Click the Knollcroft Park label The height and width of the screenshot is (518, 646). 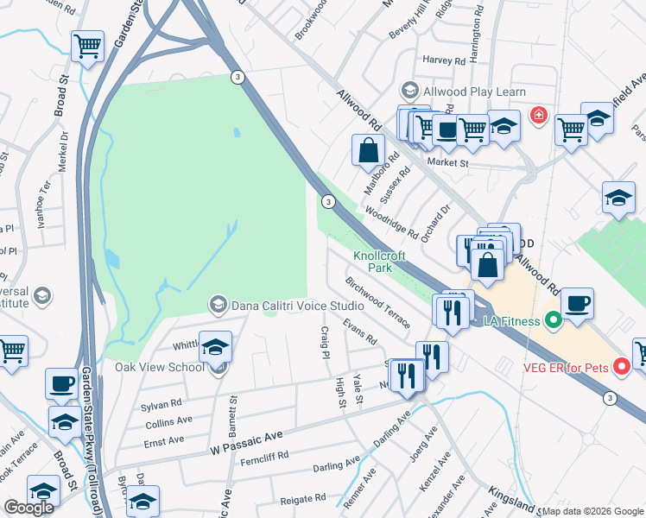tap(372, 262)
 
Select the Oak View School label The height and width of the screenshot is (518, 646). tap(161, 367)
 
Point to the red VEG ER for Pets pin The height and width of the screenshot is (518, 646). tap(619, 367)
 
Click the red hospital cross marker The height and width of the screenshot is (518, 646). tap(539, 114)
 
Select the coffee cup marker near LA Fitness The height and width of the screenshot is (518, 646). tap(577, 304)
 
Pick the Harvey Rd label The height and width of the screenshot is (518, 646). tap(445, 60)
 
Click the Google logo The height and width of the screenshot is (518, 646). tap(28, 508)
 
